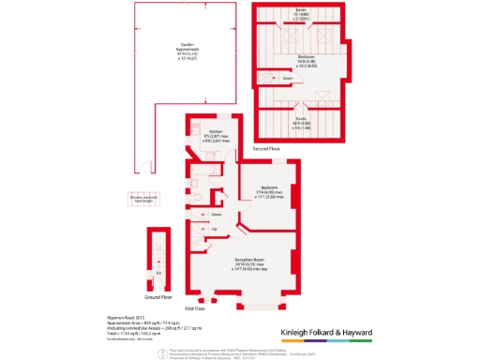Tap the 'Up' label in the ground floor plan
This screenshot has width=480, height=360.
pos(158,272)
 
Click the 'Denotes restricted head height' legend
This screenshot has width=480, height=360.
pos(151,199)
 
